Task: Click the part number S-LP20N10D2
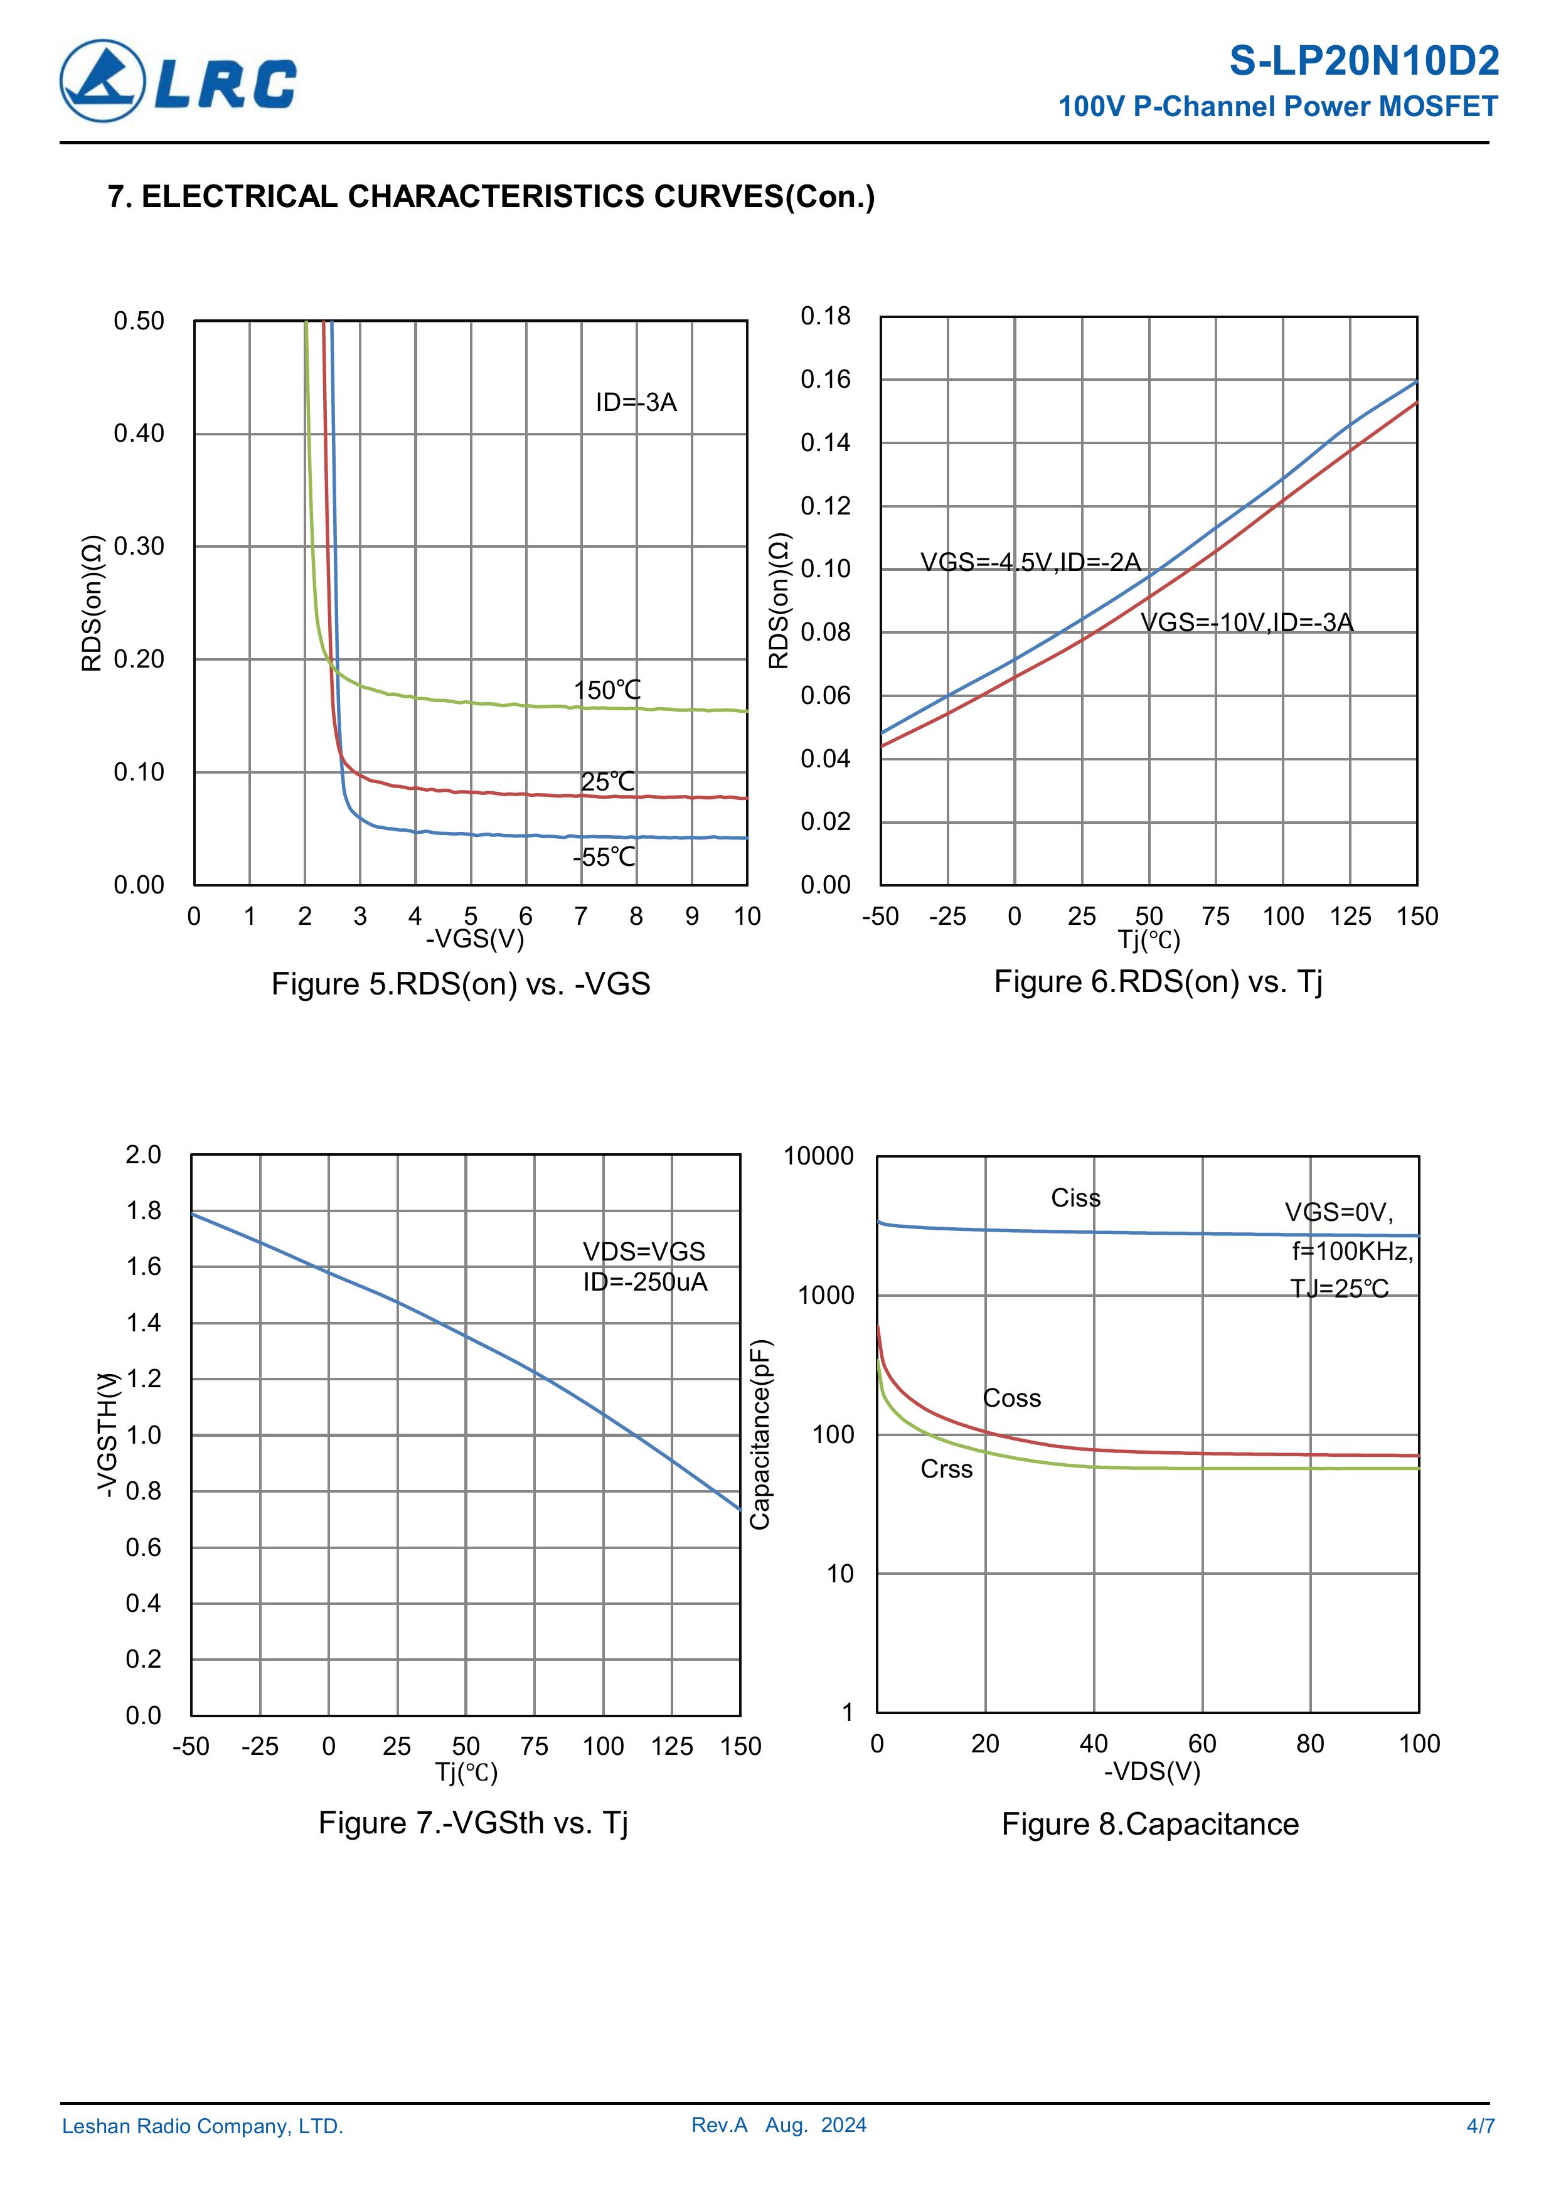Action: pos(1363,61)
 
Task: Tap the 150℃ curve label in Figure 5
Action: pos(607,690)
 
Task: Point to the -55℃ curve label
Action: pos(604,857)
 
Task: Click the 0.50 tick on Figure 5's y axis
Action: pos(139,321)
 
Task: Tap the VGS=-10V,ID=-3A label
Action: pos(1246,622)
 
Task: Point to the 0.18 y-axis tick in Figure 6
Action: pos(826,316)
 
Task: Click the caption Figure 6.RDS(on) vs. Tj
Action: pos(1158,982)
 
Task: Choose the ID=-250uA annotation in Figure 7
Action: pos(645,1282)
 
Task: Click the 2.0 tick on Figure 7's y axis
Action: pos(143,1154)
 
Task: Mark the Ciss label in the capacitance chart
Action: pos(1075,1198)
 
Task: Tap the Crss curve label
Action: pos(946,1469)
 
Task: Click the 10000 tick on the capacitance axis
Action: pos(818,1156)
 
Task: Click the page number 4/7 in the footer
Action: pos(1480,2126)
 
